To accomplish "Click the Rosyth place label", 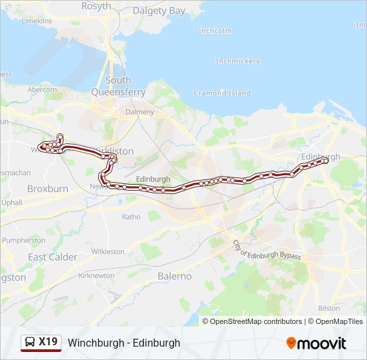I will (96, 6).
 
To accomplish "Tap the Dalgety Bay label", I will (159, 11).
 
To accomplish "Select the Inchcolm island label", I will (215, 31).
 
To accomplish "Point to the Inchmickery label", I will (238, 61).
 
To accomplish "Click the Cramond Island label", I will (222, 93).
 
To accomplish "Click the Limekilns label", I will (37, 21).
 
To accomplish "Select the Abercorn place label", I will (42, 89).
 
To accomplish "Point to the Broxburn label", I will (47, 189).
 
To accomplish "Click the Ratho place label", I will (131, 216).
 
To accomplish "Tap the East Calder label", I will (53, 257).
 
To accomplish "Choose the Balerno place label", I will (174, 276).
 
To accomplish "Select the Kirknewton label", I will (96, 275).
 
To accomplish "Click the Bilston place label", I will (328, 308).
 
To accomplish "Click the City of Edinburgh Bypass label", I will (266, 251).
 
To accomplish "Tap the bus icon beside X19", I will (30, 343).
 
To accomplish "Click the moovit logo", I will (316, 343).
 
